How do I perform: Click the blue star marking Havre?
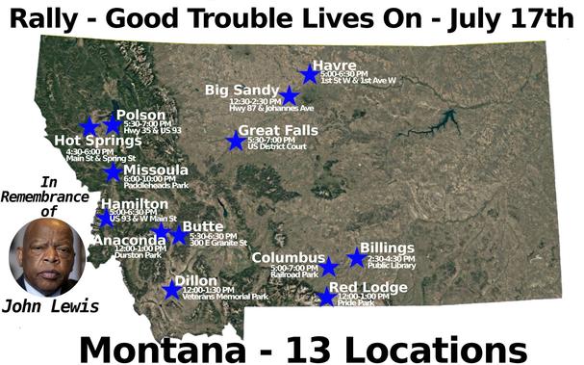pyautogui.click(x=309, y=73)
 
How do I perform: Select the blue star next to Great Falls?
pyautogui.click(x=236, y=142)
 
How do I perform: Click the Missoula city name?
pyautogui.click(x=156, y=170)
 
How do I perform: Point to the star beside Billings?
pyautogui.click(x=357, y=257)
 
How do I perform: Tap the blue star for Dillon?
pyautogui.click(x=172, y=289)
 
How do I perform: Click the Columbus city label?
pyautogui.click(x=289, y=257)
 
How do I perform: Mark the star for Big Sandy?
pyautogui.click(x=289, y=95)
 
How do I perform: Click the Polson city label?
pyautogui.click(x=140, y=116)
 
